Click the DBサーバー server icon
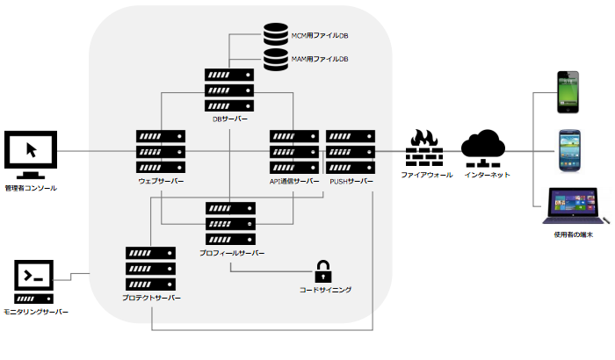point(229,90)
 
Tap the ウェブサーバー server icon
point(161,152)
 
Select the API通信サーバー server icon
point(294,152)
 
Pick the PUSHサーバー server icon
point(350,152)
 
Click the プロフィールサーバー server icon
point(229,223)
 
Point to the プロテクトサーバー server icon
point(151,269)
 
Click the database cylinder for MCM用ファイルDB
point(277,36)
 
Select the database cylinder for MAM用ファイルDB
point(277,59)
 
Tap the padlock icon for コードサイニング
point(324,270)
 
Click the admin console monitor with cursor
point(31,153)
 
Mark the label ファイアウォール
point(426,176)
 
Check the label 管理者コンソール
point(31,188)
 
